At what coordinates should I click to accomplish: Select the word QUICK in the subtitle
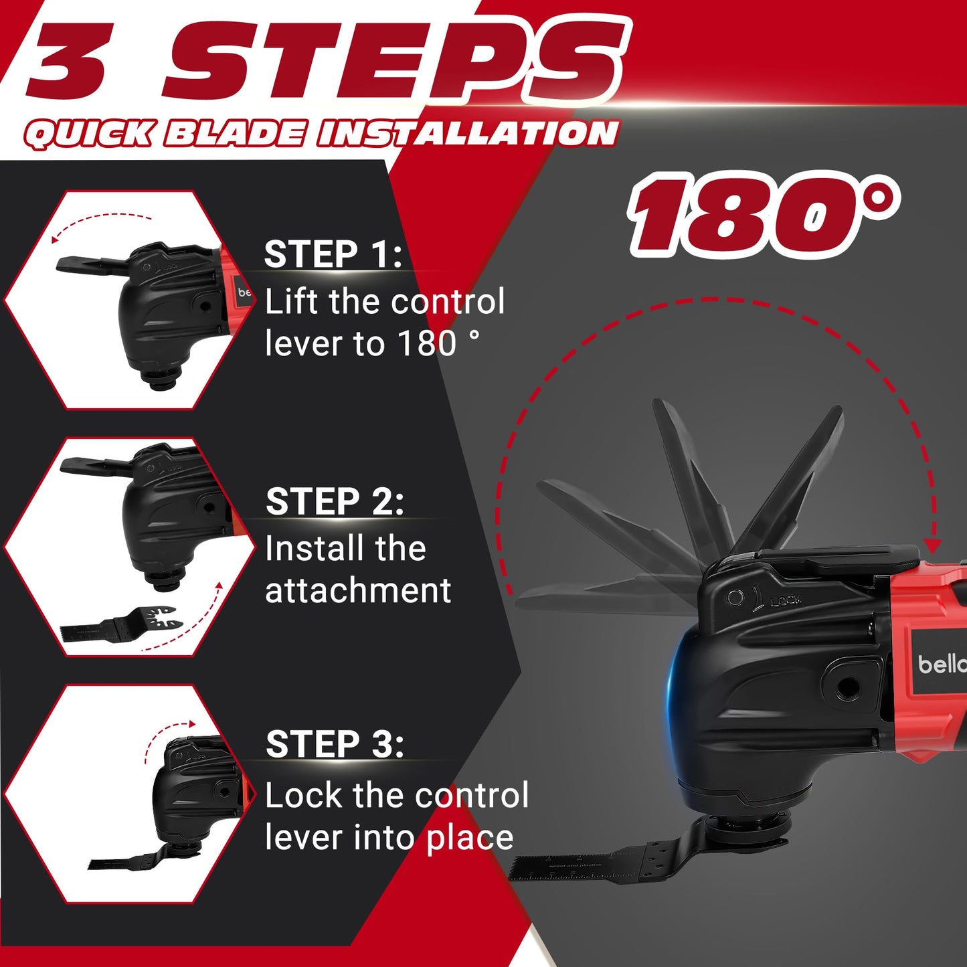90,135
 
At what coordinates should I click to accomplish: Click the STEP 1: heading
333,254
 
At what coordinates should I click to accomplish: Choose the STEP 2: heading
335,501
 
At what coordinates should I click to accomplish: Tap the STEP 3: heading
335,743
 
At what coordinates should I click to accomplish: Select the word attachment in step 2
358,591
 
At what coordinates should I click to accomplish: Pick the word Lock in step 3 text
302,796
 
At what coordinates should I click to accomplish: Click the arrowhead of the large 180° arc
932,545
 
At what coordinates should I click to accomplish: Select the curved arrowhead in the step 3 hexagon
192,724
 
